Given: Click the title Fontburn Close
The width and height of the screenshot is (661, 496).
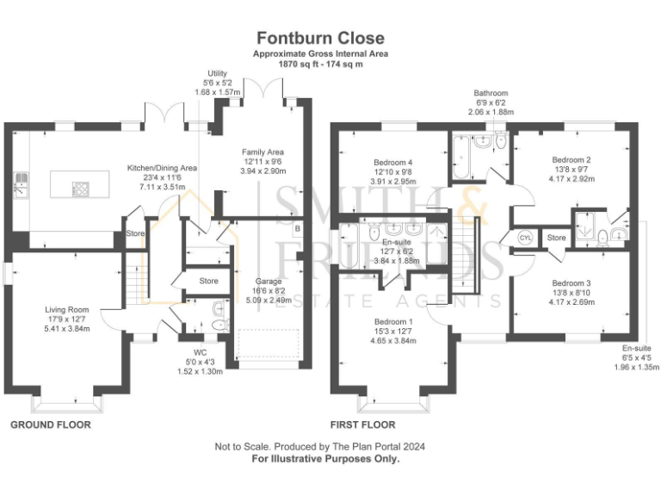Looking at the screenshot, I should click(x=319, y=38).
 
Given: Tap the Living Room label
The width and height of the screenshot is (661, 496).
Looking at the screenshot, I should click(x=67, y=309).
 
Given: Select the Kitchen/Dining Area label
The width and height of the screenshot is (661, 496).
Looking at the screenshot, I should click(x=163, y=168).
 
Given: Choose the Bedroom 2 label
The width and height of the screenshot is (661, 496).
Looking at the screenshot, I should click(x=571, y=159).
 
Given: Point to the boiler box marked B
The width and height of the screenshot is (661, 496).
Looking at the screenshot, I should click(x=297, y=229).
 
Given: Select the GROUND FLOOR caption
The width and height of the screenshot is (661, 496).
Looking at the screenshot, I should click(x=50, y=425).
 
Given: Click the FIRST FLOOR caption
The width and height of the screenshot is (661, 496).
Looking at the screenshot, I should click(x=363, y=425).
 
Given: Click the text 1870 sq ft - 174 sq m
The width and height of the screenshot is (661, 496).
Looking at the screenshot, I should click(x=319, y=64).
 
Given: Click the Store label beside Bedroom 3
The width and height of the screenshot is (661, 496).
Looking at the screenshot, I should click(x=557, y=237).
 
